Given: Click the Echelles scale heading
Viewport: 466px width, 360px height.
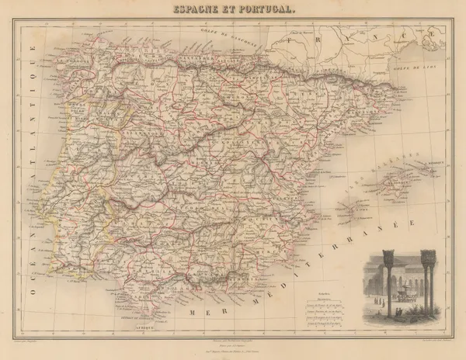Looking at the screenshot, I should point(307,290).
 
